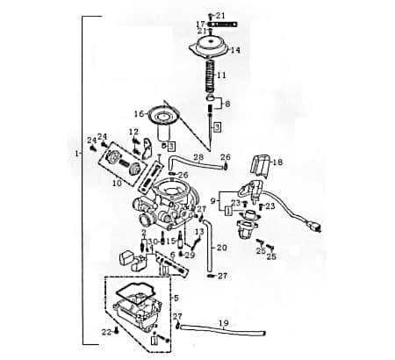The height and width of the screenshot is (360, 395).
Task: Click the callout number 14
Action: pyautogui.click(x=234, y=50)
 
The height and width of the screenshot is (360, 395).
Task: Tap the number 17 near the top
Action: pyautogui.click(x=200, y=24)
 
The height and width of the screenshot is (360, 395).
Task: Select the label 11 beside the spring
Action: pyautogui.click(x=221, y=76)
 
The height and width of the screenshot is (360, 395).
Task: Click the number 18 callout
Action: pyautogui.click(x=278, y=162)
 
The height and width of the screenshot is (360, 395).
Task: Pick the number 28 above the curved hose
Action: pyautogui.click(x=198, y=157)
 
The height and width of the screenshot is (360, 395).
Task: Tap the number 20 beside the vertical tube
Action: pyautogui.click(x=221, y=248)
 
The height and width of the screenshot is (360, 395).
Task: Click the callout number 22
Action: pyautogui.click(x=105, y=331)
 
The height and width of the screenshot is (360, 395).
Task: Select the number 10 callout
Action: pyautogui.click(x=116, y=184)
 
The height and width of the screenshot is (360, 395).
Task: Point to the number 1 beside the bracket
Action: pyautogui.click(x=78, y=154)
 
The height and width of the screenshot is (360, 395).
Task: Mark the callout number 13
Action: pyautogui.click(x=199, y=231)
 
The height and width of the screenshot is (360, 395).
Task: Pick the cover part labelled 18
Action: pyautogui.click(x=259, y=163)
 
